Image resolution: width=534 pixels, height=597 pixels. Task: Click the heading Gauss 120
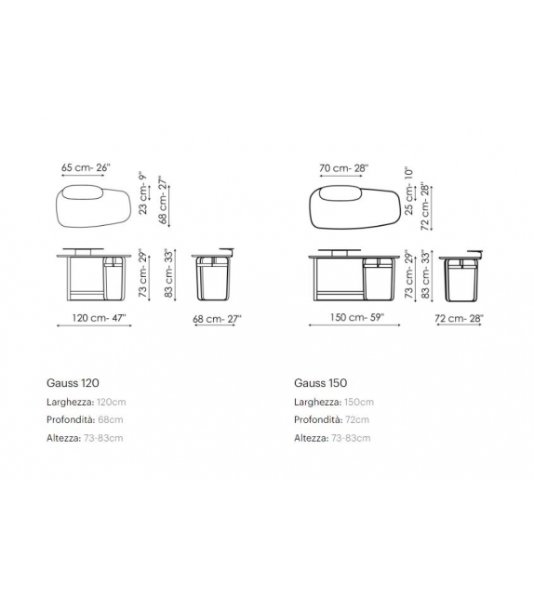(73, 382)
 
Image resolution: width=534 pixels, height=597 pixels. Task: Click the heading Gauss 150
(320, 382)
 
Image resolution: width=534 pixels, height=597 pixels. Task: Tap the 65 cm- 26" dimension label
(87, 167)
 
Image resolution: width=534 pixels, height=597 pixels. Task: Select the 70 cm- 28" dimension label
(343, 167)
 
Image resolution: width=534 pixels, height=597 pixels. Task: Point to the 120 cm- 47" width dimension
(91, 318)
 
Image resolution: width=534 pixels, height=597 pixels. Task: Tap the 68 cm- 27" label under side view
(216, 318)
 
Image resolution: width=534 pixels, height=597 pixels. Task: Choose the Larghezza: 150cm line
(334, 402)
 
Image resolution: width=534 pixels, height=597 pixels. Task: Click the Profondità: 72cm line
(331, 419)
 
